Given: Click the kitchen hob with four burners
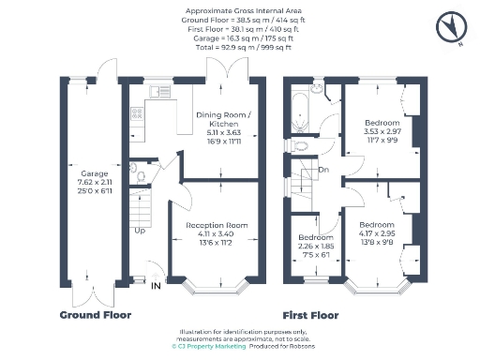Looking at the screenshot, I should click(137, 114).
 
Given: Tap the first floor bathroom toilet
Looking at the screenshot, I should click(300, 145).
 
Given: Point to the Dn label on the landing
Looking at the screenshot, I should click(322, 170).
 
